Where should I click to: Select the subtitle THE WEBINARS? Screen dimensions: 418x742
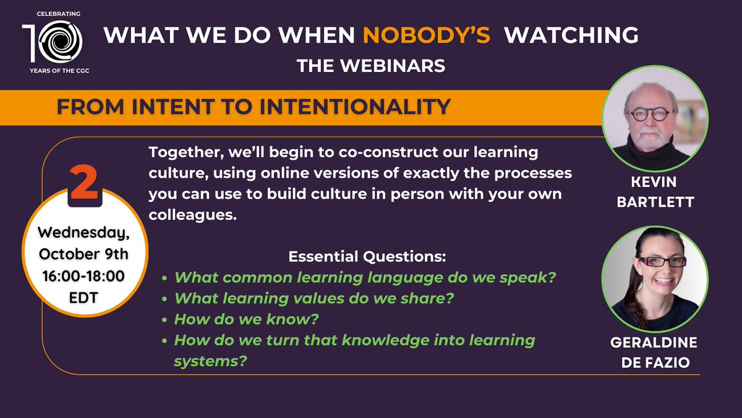click(370, 65)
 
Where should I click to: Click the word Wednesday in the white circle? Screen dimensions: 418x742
click(85, 236)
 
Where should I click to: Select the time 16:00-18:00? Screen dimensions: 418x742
click(85, 274)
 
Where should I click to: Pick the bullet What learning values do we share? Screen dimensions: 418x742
click(313, 298)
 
